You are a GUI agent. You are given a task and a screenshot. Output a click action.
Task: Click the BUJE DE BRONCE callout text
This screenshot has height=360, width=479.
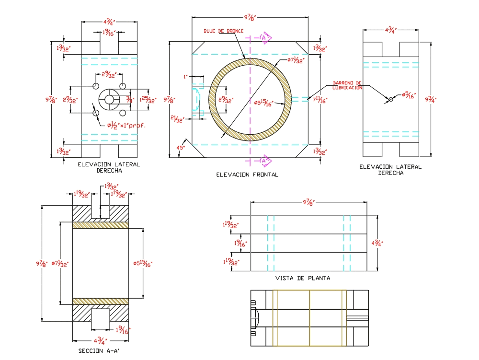point(223,31)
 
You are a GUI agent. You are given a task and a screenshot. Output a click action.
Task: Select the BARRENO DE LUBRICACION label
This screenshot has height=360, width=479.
point(347,85)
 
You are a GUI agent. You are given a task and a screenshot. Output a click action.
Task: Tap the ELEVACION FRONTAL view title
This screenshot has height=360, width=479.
point(247,174)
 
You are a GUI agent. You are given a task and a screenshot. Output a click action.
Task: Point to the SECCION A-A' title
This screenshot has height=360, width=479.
point(99,351)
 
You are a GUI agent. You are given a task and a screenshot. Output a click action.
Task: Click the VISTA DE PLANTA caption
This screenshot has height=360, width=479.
point(302,278)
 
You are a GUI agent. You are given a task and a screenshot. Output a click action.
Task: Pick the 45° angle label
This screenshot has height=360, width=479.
point(182,148)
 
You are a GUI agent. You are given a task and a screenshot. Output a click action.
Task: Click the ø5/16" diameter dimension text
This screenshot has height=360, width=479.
point(408,95)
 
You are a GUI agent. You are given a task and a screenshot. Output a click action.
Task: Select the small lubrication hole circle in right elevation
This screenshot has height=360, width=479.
point(391,99)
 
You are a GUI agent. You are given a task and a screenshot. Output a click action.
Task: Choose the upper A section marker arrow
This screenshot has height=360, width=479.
point(265,37)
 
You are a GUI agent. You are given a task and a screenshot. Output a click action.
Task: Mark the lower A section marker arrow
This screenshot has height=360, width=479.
point(265,160)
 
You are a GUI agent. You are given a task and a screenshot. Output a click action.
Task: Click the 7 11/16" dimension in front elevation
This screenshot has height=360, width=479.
point(319,100)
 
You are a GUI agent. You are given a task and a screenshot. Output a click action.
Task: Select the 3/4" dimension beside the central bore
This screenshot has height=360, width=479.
point(129,100)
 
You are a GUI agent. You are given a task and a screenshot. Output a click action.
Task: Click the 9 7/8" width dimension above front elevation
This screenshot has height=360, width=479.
point(250,18)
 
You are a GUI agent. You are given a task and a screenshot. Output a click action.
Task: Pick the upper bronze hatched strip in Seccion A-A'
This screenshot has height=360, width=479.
point(101,225)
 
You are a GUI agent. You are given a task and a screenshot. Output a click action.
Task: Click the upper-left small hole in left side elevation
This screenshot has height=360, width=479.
point(96,86)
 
